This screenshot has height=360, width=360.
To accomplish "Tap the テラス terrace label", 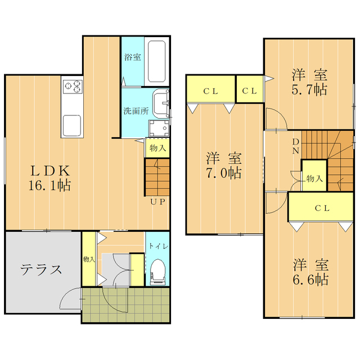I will tap(41, 269).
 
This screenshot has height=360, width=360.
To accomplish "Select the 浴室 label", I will tap(133, 57).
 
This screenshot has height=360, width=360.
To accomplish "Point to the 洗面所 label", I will tap(136, 111).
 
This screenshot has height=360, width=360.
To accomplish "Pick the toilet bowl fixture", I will tap(157, 272).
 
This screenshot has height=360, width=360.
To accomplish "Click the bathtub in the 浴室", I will tap(155, 61).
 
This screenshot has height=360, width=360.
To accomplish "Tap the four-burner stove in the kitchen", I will tap(74, 87).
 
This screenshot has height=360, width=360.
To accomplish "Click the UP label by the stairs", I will tap(157, 202).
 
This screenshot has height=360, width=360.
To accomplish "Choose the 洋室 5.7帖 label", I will tap(309, 82).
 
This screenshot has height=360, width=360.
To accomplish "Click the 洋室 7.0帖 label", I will tap(223, 165).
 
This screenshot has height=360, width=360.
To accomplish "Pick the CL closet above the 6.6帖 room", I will tap(322, 208).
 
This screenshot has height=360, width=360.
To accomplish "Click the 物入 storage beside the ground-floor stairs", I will tap(157, 148).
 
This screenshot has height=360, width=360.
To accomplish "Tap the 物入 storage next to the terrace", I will tap(88, 259).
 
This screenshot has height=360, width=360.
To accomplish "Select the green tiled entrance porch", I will tap(125, 305).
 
